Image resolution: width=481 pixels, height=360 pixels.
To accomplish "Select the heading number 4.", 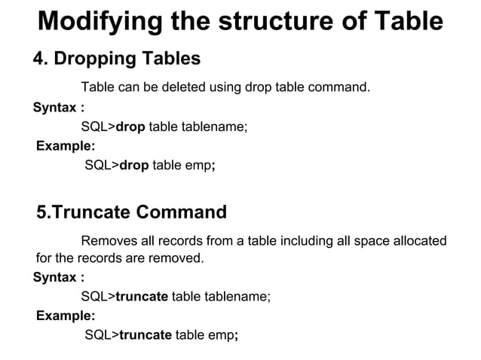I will coord(38,58).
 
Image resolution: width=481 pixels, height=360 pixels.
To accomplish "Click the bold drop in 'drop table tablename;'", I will coord(130,127).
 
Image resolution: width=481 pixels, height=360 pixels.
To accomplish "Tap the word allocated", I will coord(418,241).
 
